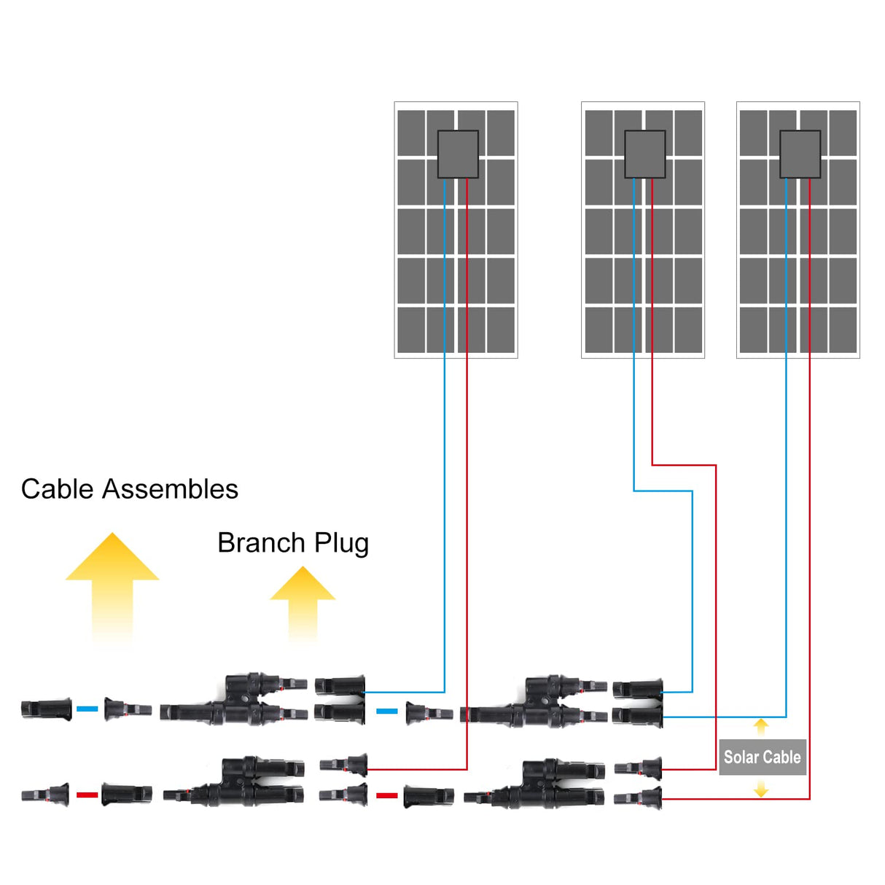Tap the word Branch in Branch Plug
[261, 543]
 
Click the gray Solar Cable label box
[762, 757]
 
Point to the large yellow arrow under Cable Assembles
[112, 583]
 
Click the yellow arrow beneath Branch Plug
[303, 601]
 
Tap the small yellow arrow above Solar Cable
[761, 726]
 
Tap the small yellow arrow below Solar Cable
[761, 788]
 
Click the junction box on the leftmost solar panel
[458, 155]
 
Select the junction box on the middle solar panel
[644, 155]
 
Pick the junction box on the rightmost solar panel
[800, 155]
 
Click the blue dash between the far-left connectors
[87, 709]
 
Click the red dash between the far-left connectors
[87, 795]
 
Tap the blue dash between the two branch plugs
[386, 711]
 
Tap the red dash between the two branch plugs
[386, 795]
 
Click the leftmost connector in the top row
[46, 709]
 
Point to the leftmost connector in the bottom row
[45, 795]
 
